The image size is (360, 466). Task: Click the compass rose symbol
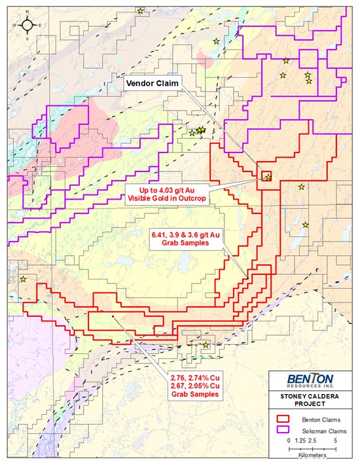[27, 26]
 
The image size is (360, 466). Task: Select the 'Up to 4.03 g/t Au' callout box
[168, 194]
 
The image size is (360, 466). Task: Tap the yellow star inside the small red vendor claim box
[268, 177]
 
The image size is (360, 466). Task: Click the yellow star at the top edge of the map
[141, 10]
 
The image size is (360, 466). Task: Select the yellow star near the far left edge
[23, 279]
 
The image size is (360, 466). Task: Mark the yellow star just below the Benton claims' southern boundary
[206, 345]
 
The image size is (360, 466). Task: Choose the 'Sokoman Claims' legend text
[322, 432]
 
